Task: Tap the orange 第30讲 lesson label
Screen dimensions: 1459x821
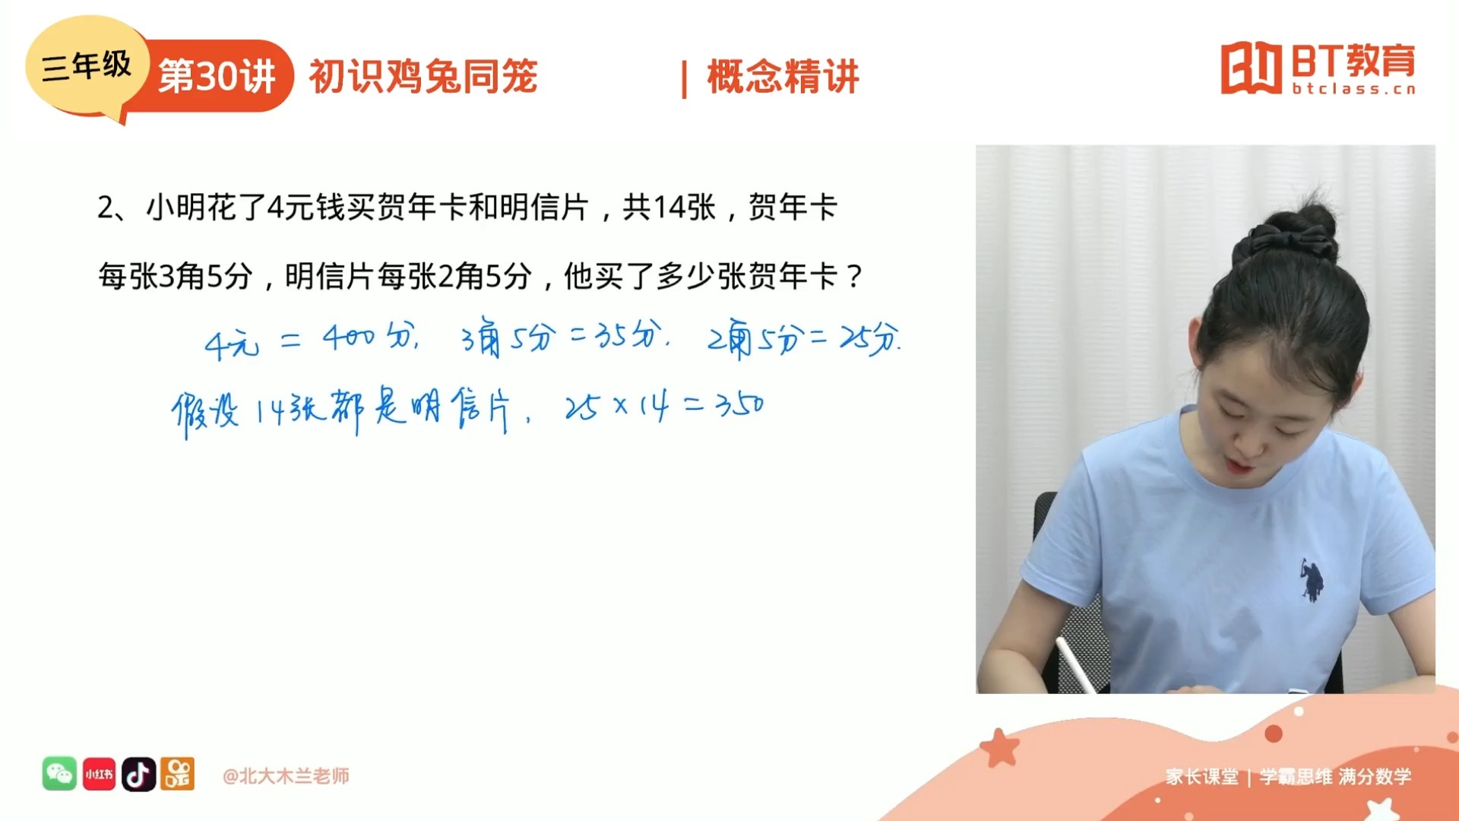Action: pyautogui.click(x=218, y=76)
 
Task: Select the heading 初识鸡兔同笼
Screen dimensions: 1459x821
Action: pyautogui.click(x=423, y=76)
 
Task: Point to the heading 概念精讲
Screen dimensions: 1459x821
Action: pyautogui.click(x=783, y=76)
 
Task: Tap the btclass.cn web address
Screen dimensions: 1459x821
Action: pyautogui.click(x=1354, y=89)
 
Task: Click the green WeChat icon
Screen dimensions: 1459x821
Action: pyautogui.click(x=59, y=774)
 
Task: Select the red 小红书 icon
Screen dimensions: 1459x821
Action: pyautogui.click(x=99, y=774)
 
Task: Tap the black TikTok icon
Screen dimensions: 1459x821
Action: pyautogui.click(x=138, y=774)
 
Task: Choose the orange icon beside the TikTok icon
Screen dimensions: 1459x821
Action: pyautogui.click(x=178, y=774)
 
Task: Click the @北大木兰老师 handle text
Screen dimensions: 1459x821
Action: pyautogui.click(x=286, y=775)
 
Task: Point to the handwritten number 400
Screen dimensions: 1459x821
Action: pyautogui.click(x=349, y=337)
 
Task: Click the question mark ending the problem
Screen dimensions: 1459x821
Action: pyautogui.click(x=855, y=276)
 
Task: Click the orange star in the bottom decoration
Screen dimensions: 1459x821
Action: pyautogui.click(x=1000, y=747)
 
